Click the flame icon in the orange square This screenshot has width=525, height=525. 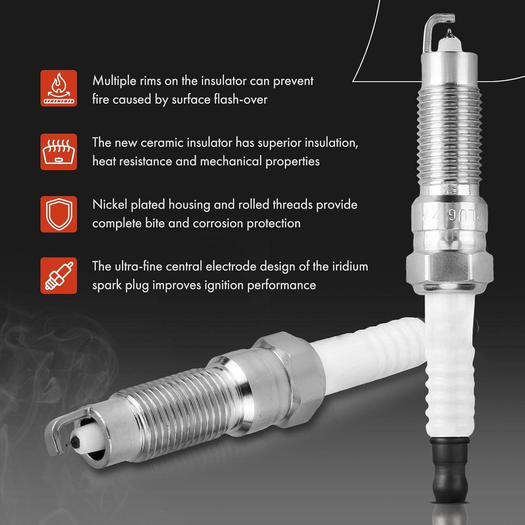[x=58, y=88]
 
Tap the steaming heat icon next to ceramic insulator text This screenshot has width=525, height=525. [x=58, y=152]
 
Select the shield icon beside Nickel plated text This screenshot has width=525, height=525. [x=58, y=214]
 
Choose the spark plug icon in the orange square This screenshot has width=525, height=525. [x=58, y=276]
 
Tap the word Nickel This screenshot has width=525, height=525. [x=110, y=205]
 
